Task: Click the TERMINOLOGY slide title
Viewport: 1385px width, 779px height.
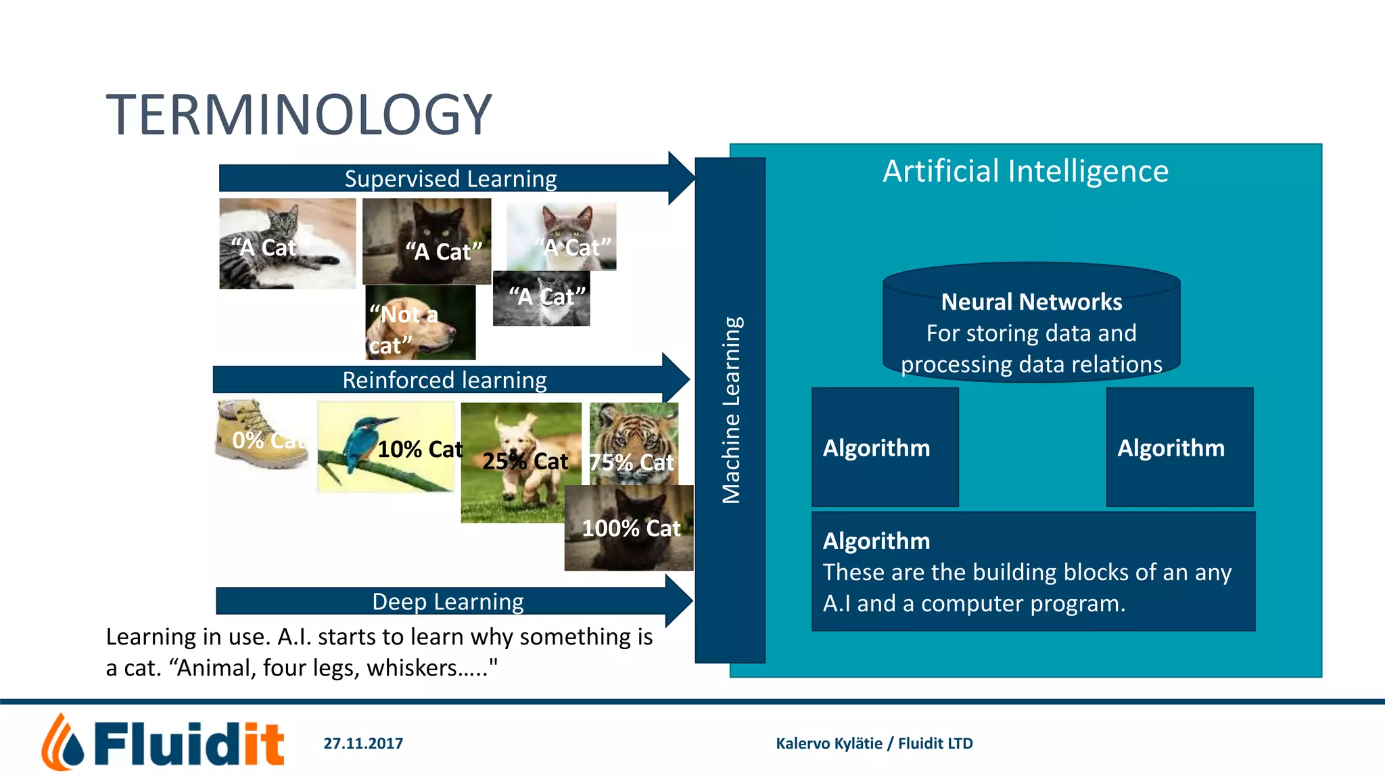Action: [299, 115]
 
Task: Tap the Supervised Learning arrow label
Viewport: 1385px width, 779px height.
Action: [450, 179]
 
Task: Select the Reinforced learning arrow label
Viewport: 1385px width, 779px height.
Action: [444, 381]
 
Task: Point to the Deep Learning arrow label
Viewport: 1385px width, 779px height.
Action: [448, 602]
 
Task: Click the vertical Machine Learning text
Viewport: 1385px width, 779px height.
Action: [731, 410]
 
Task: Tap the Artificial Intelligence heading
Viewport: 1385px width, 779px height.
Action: [1025, 171]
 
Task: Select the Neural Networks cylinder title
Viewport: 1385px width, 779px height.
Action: [1031, 302]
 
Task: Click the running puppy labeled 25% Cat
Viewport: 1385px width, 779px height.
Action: [521, 460]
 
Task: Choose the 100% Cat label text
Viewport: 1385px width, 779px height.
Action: [631, 528]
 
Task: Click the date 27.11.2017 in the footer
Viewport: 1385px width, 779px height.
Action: [363, 743]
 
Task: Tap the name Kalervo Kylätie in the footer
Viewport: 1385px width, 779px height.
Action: [828, 743]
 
